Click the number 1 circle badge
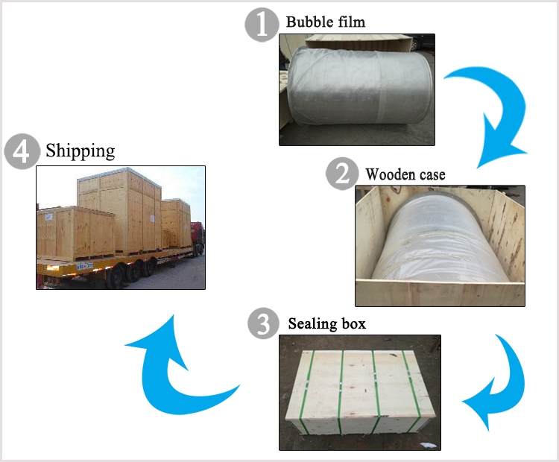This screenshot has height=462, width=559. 262,23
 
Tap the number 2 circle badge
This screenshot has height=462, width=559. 341,174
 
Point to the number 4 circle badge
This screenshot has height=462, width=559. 21,151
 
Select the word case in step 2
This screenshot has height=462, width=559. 432,176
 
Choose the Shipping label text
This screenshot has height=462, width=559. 80,151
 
